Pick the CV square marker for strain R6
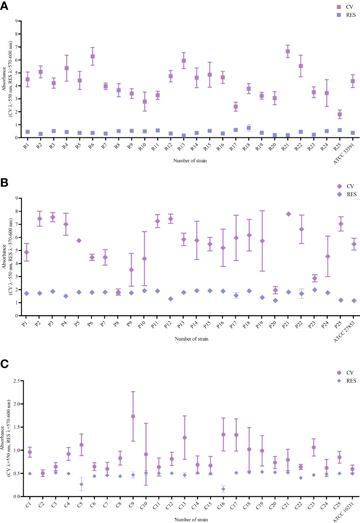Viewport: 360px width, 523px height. point(93,57)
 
